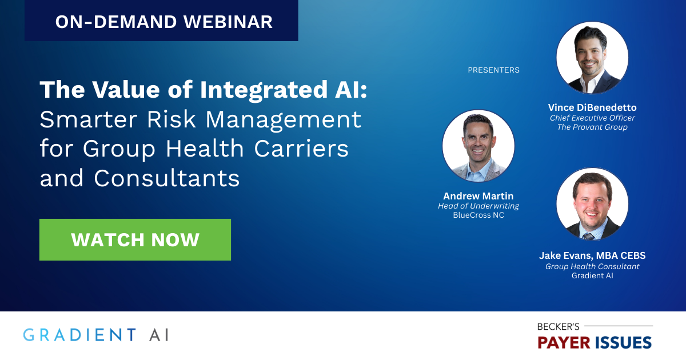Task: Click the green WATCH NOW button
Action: tap(135, 239)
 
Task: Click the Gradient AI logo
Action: tap(95, 334)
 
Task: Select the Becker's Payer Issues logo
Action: tap(594, 335)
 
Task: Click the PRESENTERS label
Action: tap(493, 70)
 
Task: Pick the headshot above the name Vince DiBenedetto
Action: tap(592, 57)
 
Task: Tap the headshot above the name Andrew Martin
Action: tap(478, 146)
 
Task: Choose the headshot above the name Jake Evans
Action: tap(592, 204)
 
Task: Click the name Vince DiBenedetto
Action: tap(592, 107)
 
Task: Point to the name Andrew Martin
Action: tap(478, 196)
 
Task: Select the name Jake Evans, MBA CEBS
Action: tap(592, 255)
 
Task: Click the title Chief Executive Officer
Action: tap(592, 118)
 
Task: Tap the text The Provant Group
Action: tap(592, 127)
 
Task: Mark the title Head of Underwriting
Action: tap(478, 206)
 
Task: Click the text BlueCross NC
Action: tap(478, 215)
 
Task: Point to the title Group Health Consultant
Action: tap(592, 266)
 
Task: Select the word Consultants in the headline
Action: tap(166, 179)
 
